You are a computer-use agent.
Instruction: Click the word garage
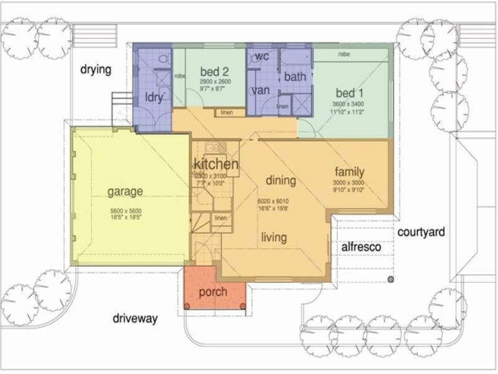[125, 191]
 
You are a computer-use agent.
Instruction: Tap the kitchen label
[216, 165]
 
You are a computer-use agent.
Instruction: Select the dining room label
[281, 181]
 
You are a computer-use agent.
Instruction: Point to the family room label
[349, 172]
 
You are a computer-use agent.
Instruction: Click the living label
[274, 237]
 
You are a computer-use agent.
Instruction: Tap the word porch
[213, 292]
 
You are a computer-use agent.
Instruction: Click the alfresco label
[361, 247]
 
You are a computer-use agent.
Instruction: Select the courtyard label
[421, 233]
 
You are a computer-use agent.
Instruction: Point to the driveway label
[135, 319]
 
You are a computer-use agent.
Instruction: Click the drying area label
[96, 69]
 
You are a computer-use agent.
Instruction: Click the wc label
[262, 57]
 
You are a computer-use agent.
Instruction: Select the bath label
[295, 77]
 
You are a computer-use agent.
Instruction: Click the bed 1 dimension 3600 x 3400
[349, 104]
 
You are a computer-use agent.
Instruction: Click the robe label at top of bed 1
[344, 54]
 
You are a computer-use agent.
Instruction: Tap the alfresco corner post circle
[391, 279]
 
